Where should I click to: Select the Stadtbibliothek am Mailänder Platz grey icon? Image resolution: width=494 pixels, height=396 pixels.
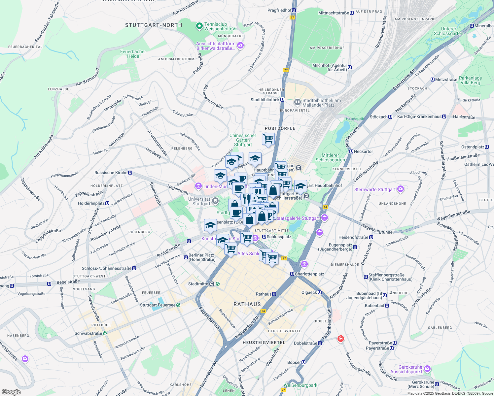[x=298, y=102]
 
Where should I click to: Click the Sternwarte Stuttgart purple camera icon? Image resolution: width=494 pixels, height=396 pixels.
[x=401, y=189]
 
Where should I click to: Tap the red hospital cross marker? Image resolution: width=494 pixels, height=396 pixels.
[x=341, y=339]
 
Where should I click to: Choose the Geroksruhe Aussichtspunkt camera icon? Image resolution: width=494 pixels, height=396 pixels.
[x=427, y=368]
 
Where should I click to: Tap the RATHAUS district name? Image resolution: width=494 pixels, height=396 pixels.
[x=247, y=304]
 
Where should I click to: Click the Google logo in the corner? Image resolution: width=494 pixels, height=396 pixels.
[x=11, y=392]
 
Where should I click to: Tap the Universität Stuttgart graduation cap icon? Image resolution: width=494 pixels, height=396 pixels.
[x=215, y=201]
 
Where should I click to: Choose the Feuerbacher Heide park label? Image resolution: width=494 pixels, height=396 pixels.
[x=133, y=54]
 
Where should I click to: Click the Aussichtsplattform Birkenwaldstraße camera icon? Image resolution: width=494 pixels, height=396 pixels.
[x=240, y=46]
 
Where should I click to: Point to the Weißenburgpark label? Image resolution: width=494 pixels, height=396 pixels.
[x=300, y=385]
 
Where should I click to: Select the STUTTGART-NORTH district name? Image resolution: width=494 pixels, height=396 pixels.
[x=154, y=25]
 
